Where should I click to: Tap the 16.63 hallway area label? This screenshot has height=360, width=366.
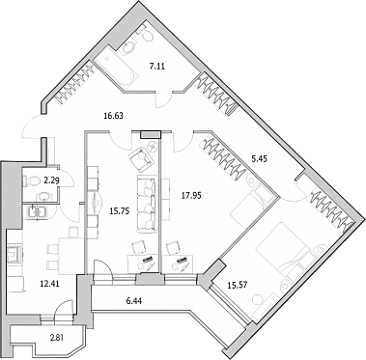[x=113, y=115]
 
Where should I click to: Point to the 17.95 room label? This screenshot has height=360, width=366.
[x=191, y=195]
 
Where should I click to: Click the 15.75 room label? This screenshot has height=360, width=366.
[x=119, y=211]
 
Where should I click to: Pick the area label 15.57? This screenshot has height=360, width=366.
[x=238, y=285]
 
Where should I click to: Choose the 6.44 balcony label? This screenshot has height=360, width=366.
[x=134, y=301]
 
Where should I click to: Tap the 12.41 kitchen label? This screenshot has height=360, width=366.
[x=49, y=284]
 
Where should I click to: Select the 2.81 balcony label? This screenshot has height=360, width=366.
[x=57, y=338]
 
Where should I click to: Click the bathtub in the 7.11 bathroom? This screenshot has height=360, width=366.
[x=117, y=70]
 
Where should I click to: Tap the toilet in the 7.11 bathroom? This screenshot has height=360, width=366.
[x=147, y=34]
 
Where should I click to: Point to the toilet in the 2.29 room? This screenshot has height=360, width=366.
[x=30, y=181]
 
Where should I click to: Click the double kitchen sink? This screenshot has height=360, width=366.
[x=38, y=212]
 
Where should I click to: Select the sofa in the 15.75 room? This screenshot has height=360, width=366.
[x=147, y=204]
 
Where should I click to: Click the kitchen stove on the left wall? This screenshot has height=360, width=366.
[x=14, y=255]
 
